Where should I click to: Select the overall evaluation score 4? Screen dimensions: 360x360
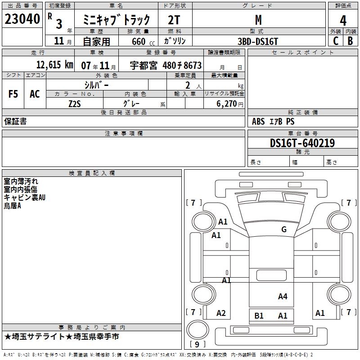pos(343,21)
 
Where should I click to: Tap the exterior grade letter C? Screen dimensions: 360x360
pos(336,40)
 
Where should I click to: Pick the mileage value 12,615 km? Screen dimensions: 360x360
pos(54,65)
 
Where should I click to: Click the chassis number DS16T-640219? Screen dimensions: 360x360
pos(302,143)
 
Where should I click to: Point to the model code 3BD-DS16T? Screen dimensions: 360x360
pos(258,41)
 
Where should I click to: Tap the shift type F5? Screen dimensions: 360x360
pos(13,94)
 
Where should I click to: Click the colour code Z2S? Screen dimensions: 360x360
pos(74,103)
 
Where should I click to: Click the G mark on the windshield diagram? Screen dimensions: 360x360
pos(283,229)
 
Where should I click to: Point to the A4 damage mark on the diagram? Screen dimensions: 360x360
pos(283,296)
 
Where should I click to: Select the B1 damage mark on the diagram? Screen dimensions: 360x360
pos(259,316)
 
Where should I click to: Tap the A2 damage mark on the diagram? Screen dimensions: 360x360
pos(221,313)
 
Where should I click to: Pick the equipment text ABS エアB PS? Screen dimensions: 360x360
pos(273,121)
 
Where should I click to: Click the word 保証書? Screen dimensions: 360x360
pos(15,121)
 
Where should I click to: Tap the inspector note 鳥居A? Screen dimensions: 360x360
pos(13,206)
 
